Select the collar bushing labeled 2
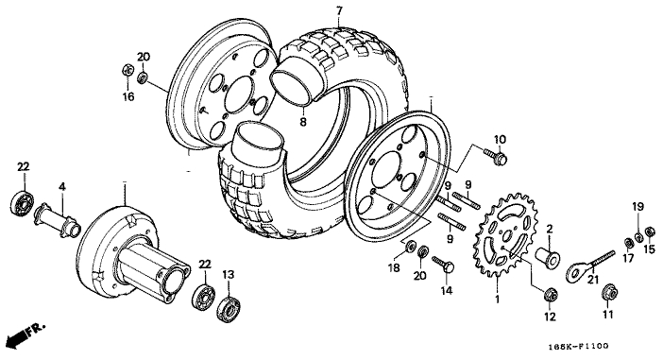(x=548, y=256)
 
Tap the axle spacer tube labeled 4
(x=57, y=220)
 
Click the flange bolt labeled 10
(x=496, y=156)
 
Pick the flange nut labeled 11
(x=608, y=292)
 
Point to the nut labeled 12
(x=550, y=295)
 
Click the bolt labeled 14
(x=443, y=264)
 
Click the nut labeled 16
(x=127, y=71)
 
